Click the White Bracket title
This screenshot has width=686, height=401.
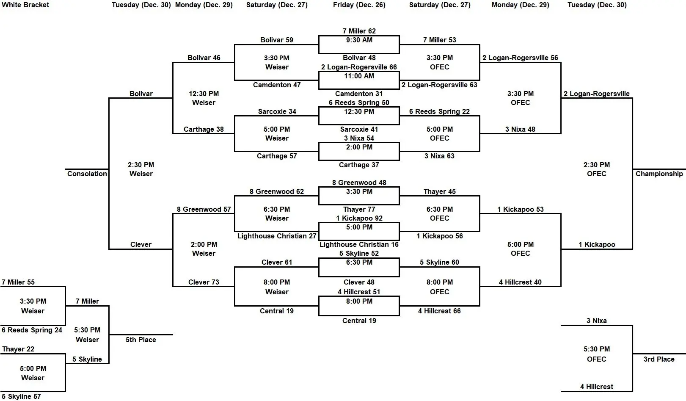(x=25, y=5)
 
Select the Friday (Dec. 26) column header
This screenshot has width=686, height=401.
(x=359, y=5)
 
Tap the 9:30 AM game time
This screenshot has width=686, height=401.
(x=359, y=40)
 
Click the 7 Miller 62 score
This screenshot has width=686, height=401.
(x=359, y=31)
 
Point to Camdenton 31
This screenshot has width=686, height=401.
(x=359, y=94)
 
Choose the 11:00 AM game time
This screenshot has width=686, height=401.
(x=359, y=76)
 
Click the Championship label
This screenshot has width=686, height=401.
(x=659, y=174)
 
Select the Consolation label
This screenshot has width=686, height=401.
(x=87, y=174)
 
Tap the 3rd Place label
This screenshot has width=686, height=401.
(x=659, y=359)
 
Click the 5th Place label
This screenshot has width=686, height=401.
(x=141, y=340)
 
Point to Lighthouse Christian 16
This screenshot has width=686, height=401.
(x=359, y=244)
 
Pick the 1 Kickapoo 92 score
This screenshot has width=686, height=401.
(x=359, y=218)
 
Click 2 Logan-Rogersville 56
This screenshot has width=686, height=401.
(x=520, y=58)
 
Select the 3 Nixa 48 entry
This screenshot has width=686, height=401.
(x=520, y=129)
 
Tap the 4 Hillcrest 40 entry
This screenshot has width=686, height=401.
(x=520, y=282)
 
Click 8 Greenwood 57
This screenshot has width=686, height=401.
(x=204, y=209)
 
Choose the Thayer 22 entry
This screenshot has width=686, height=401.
(x=18, y=349)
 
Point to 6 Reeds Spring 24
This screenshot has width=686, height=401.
(x=32, y=330)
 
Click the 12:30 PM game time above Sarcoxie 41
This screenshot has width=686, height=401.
(x=359, y=111)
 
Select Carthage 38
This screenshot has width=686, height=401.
(x=204, y=129)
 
